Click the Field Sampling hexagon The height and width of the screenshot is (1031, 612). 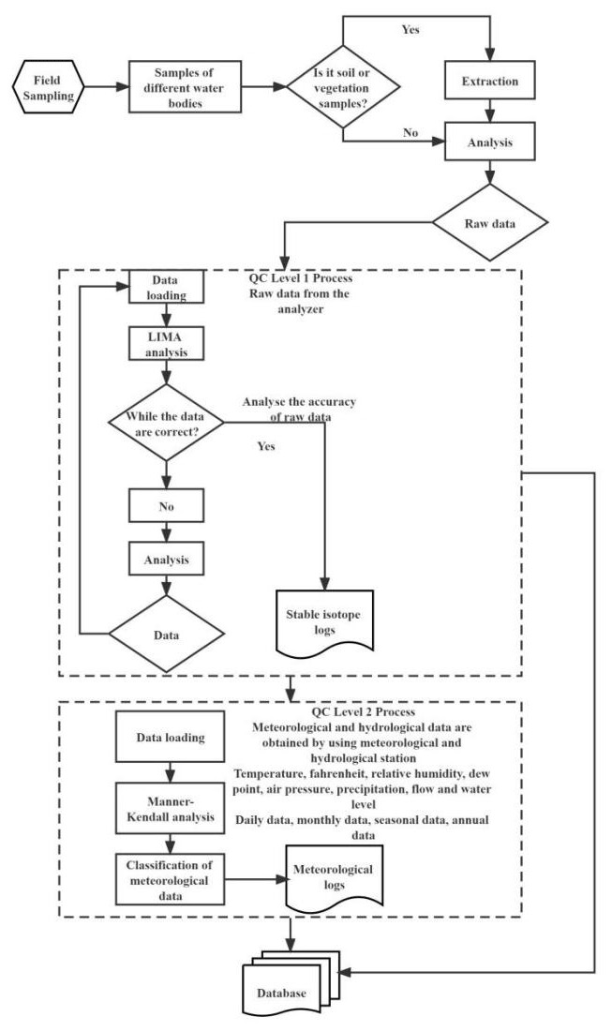tap(46, 87)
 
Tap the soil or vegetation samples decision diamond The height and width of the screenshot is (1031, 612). tap(345, 87)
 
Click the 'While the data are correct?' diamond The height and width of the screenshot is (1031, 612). tap(166, 422)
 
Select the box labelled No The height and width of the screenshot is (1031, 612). tap(166, 507)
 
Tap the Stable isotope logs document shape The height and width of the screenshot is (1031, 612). tap(323, 622)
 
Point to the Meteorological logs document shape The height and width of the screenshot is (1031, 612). tap(333, 881)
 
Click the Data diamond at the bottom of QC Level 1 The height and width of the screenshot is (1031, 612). tap(166, 632)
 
